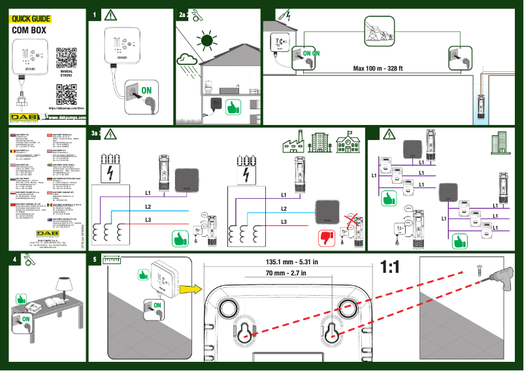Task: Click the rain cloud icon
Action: coord(189,62)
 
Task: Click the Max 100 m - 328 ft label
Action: coord(378,68)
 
